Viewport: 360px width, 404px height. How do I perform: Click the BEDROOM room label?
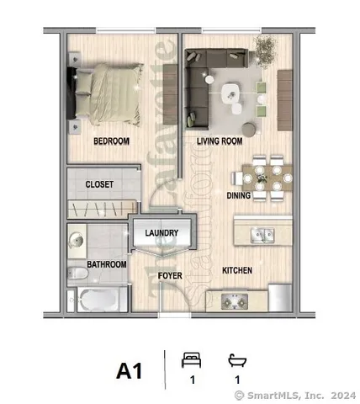[x=111, y=141]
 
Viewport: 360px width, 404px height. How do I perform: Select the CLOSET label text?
[x=99, y=183]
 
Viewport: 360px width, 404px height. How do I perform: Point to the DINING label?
[x=239, y=194]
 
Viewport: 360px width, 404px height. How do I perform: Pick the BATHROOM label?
[x=109, y=264]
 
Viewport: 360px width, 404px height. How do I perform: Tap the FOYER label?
[x=172, y=274]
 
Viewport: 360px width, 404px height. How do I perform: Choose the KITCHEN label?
[x=237, y=270]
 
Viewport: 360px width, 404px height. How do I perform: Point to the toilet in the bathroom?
[x=77, y=270]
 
